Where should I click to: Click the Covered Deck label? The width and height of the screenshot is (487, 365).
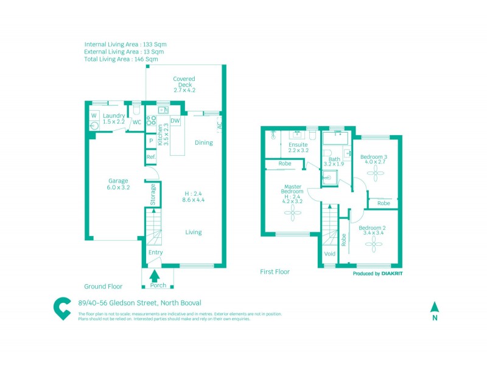click(184, 84)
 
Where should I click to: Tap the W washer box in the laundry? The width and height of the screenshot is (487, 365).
click(94, 115)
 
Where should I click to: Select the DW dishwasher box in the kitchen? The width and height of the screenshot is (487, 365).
click(175, 121)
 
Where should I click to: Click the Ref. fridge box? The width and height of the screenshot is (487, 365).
click(151, 157)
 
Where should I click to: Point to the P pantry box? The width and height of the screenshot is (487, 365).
click(151, 141)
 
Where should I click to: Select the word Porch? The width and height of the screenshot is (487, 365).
click(158, 285)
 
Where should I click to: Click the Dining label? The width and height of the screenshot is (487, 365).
click(203, 143)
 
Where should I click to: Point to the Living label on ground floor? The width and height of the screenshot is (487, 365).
click(194, 232)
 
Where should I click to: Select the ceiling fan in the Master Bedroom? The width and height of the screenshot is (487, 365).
click(293, 211)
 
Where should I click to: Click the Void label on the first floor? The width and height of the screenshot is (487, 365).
click(330, 254)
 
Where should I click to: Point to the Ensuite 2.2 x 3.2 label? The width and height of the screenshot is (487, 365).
click(298, 147)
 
